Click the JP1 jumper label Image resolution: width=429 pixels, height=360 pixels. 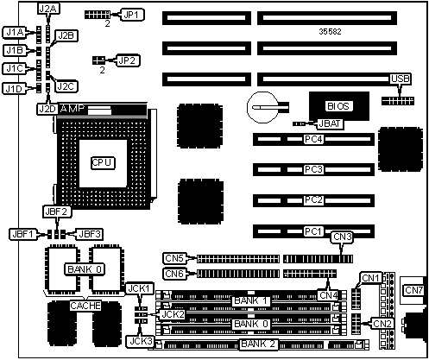coord(132,15)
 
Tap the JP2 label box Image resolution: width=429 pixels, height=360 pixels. coord(128,60)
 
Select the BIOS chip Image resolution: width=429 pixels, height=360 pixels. coord(339,106)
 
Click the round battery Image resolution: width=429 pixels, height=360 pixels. coord(263,107)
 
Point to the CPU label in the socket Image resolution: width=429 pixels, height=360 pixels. coord(103,163)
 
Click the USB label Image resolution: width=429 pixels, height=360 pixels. coord(401,79)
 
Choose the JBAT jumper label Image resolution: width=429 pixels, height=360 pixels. coord(330,123)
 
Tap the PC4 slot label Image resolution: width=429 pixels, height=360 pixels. coord(313,139)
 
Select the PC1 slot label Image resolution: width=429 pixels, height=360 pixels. coord(313,231)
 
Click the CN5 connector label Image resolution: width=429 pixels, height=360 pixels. coord(174,258)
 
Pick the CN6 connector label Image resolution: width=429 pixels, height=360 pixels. coord(174,274)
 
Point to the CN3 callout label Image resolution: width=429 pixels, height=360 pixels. coord(343,237)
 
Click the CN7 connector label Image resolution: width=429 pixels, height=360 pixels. coord(413,290)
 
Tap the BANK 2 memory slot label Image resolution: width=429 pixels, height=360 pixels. coord(258,344)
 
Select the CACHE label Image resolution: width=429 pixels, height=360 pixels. coord(85,306)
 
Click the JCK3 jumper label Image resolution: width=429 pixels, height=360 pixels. coord(141,342)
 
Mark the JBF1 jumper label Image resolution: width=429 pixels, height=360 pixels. coord(22,234)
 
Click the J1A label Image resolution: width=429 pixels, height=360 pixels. coord(15,33)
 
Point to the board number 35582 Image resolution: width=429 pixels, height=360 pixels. coord(330,32)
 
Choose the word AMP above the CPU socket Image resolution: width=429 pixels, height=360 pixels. coord(73,109)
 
